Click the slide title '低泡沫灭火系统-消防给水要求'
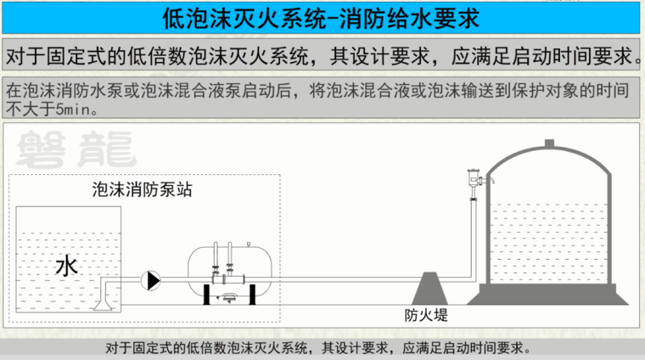pyautogui.click(x=322, y=16)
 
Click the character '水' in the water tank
pyautogui.click(x=66, y=267)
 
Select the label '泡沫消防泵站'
pyautogui.click(x=142, y=190)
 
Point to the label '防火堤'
pyautogui.click(x=425, y=316)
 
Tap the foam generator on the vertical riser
pyautogui.click(x=473, y=179)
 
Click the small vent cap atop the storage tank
pyautogui.click(x=549, y=143)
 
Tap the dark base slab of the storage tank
pyautogui.click(x=551, y=294)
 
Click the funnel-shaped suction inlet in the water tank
pyautogui.click(x=104, y=298)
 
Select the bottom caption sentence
pyautogui.click(x=322, y=347)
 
